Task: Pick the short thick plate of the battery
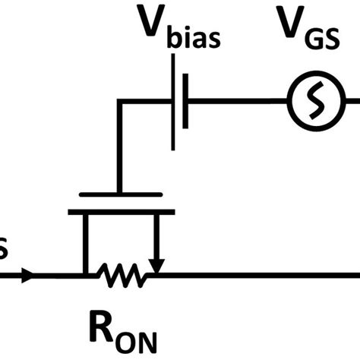coord(188,99)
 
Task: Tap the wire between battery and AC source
coord(235,99)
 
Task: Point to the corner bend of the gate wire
coord(119,99)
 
